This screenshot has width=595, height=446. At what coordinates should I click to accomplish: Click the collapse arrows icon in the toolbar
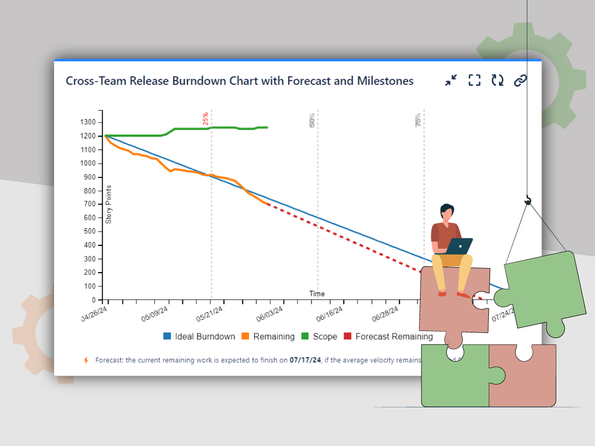tap(451, 80)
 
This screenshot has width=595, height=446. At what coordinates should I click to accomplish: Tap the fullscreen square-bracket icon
tap(475, 80)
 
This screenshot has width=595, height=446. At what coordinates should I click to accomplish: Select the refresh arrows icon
tap(497, 80)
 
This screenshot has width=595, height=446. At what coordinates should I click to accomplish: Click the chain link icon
tap(520, 80)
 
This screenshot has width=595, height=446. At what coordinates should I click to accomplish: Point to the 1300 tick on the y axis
tap(89, 122)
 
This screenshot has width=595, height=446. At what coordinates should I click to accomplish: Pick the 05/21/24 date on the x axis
tap(209, 314)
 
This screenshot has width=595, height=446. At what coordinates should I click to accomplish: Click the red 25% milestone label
tap(205, 119)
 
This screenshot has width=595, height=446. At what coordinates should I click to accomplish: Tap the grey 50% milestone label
tap(312, 120)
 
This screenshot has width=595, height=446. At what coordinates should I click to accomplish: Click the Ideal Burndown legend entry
tap(199, 336)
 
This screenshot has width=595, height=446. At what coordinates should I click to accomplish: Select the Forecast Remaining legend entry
tap(388, 336)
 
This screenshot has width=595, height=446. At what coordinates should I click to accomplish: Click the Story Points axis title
tap(109, 204)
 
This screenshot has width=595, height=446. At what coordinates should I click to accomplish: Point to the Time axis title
tap(317, 293)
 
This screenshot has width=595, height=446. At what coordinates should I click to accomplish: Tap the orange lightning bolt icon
tap(86, 360)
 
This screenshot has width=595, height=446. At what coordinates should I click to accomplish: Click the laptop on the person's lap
tap(459, 246)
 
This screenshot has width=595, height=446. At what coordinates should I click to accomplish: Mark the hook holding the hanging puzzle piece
tap(528, 200)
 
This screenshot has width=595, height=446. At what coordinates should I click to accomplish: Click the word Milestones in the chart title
tap(385, 81)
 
